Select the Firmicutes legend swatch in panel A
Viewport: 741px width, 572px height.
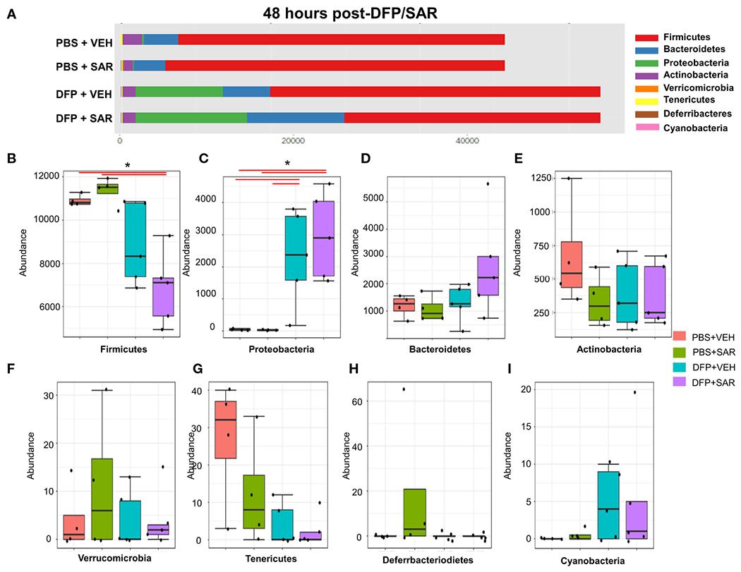pyautogui.click(x=646, y=37)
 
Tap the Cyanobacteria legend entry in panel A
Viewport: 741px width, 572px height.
pyautogui.click(x=646, y=127)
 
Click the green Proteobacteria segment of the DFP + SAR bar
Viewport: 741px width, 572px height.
pyautogui.click(x=191, y=117)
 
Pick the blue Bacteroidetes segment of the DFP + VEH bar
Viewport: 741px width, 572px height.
pyautogui.click(x=246, y=92)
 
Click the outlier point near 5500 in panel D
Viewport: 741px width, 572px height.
pyautogui.click(x=488, y=184)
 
